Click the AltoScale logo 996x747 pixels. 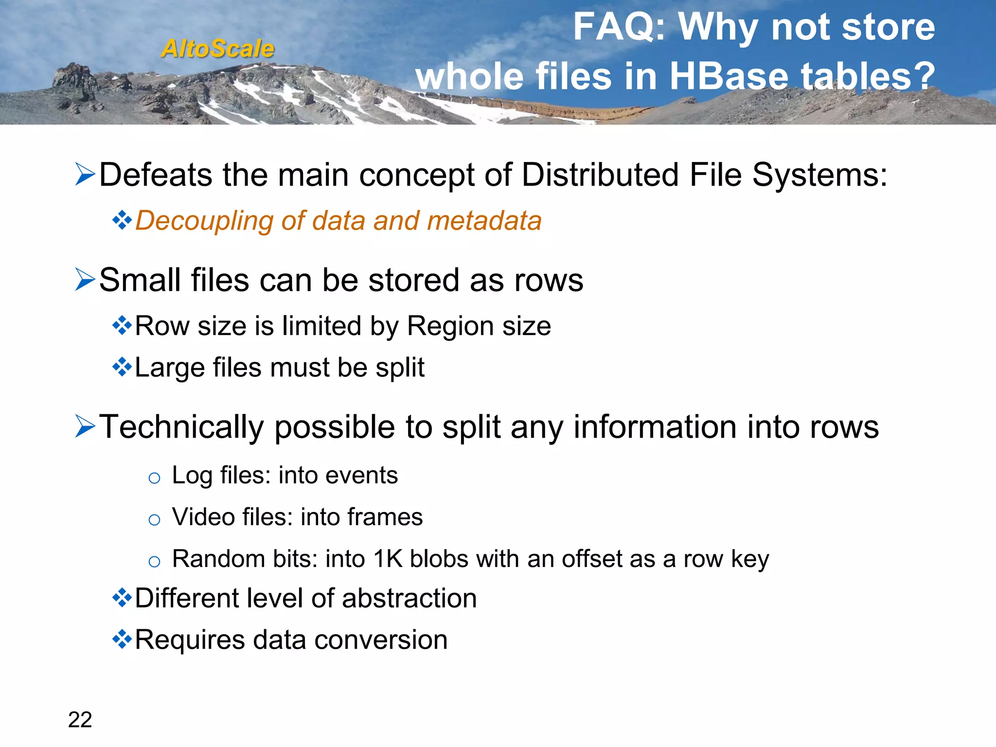point(218,49)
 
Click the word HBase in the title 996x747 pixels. point(729,76)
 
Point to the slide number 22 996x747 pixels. point(80,719)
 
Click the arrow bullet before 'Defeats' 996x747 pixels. point(85,175)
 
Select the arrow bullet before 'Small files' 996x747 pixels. point(85,280)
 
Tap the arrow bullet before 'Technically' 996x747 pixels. point(85,427)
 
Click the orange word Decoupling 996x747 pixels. point(204,221)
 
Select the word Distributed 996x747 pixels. point(600,175)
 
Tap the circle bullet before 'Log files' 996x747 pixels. point(154,478)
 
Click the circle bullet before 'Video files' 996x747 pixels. point(154,520)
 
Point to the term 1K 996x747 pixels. point(388,558)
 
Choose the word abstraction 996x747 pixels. point(409,598)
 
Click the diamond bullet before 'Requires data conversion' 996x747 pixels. point(122,639)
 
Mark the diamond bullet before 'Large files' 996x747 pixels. point(122,367)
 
